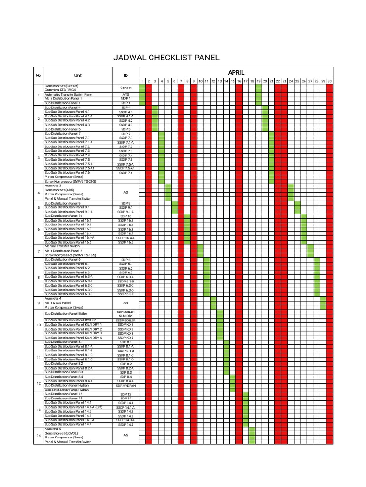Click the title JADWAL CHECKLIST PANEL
(x=166, y=58)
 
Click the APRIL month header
(x=236, y=72)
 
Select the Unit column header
(x=78, y=75)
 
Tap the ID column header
(x=125, y=75)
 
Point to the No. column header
(x=39, y=75)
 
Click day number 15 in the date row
(x=233, y=81)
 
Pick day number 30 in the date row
(x=329, y=81)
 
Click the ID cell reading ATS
(x=125, y=94)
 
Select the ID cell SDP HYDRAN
(x=125, y=386)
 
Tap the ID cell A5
(x=125, y=435)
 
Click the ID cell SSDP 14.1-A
(x=125, y=408)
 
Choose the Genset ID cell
(x=125, y=88)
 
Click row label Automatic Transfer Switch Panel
(x=69, y=94)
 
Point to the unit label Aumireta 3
(x=53, y=185)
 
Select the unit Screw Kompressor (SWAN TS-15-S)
(x=71, y=255)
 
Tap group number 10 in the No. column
(x=39, y=325)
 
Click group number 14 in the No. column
(x=39, y=435)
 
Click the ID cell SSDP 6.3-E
(x=125, y=294)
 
